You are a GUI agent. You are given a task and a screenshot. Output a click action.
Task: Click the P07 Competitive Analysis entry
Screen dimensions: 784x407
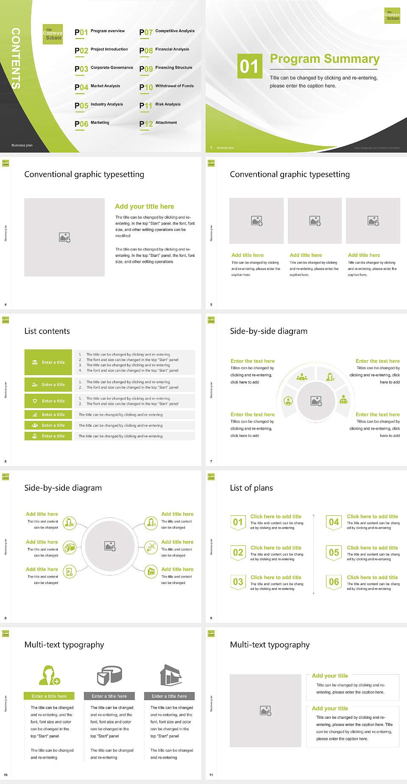pos(167,32)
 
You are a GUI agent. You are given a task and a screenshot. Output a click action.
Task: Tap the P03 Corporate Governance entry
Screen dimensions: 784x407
pos(104,68)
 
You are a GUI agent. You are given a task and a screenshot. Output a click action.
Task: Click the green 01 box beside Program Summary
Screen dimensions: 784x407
pos(249,66)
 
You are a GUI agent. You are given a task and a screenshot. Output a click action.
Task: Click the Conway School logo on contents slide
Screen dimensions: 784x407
pos(53,34)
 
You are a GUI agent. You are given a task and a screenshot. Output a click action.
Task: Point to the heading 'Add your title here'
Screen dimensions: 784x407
pos(144,206)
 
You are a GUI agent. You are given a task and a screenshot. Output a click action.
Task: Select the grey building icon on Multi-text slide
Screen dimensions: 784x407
pos(171,675)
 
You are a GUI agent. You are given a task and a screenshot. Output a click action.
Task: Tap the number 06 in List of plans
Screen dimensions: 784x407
pos(334,582)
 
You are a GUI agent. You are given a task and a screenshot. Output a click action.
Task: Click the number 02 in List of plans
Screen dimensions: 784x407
pos(238,552)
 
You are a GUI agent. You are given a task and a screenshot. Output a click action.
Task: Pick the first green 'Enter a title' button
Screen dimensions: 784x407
pos(48,362)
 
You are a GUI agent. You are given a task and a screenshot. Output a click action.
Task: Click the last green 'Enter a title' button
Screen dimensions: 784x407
pos(48,436)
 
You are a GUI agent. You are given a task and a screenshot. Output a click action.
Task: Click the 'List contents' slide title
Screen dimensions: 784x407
pos(47,331)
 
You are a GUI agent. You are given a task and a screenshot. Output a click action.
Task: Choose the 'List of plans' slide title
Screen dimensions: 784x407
pos(251,488)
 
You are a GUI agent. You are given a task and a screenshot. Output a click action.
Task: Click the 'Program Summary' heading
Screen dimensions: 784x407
pos(324,59)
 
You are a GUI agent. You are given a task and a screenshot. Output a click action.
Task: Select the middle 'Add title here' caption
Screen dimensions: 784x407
pos(306,255)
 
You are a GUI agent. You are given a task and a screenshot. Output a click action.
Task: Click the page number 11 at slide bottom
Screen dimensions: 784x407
pos(211,775)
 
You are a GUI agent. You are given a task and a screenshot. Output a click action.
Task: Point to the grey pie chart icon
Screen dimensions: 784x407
pos(110,675)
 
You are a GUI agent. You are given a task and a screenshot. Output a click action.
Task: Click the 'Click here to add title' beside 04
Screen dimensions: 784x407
pos(372,517)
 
